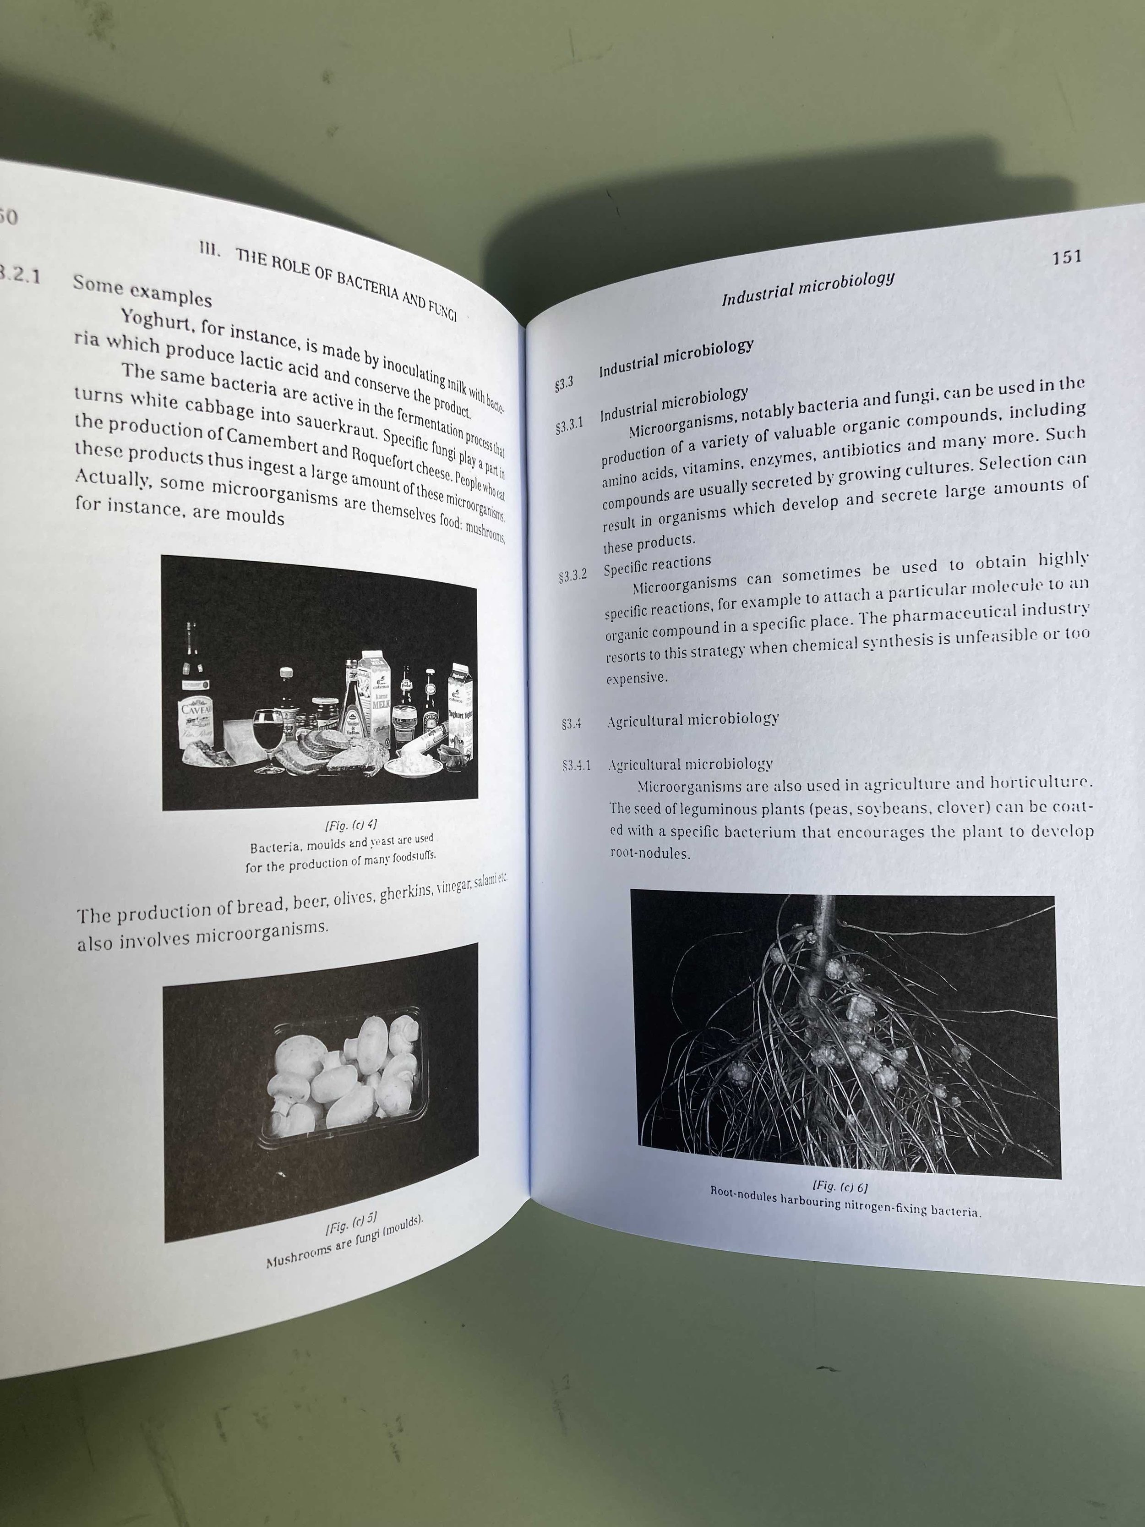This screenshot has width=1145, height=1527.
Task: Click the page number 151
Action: pyautogui.click(x=1066, y=257)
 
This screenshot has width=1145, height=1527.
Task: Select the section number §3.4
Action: pyautogui.click(x=572, y=725)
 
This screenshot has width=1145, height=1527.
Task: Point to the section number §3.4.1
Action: pyautogui.click(x=576, y=766)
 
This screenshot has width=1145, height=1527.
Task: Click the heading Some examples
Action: pyautogui.click(x=142, y=290)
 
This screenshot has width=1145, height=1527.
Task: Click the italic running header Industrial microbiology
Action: pyautogui.click(x=807, y=289)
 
